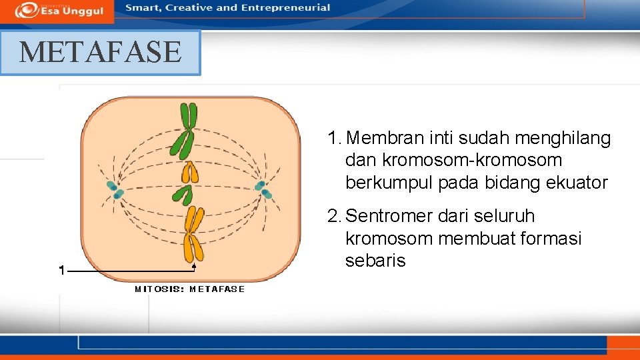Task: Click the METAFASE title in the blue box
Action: point(100,52)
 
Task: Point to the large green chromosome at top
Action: point(184,130)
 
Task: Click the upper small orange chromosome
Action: point(190,173)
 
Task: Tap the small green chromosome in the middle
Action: point(182,195)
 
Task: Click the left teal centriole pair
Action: point(115,190)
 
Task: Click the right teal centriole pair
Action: point(263,189)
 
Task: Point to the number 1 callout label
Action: point(61,271)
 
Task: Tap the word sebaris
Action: point(375,261)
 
